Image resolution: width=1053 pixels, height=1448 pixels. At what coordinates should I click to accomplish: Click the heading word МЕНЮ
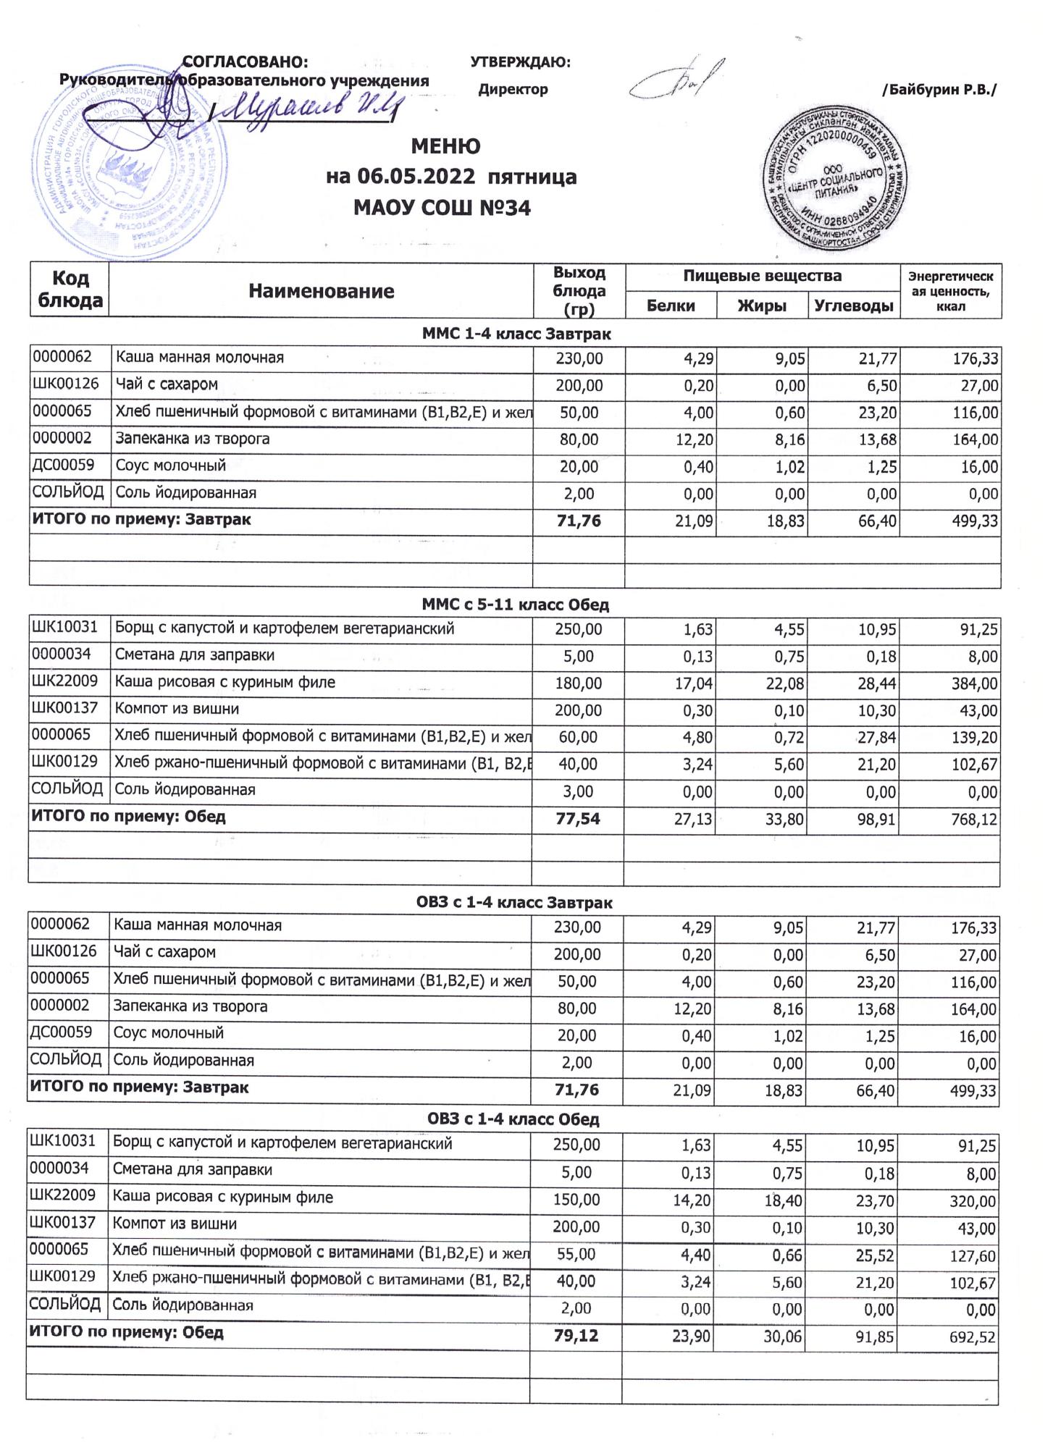tap(445, 147)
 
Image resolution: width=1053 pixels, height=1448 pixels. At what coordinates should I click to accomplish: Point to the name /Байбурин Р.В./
tap(939, 90)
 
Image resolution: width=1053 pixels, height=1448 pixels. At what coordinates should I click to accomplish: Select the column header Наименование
tap(321, 291)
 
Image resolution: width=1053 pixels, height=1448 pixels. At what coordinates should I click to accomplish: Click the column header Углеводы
tap(853, 306)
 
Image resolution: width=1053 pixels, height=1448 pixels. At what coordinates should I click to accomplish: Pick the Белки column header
tap(671, 306)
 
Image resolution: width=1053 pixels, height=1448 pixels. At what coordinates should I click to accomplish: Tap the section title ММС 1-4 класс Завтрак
tap(516, 334)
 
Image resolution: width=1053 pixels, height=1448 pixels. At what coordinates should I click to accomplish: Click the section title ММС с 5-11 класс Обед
tap(515, 605)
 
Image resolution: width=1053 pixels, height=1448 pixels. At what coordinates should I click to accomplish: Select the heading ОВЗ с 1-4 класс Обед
tap(513, 1119)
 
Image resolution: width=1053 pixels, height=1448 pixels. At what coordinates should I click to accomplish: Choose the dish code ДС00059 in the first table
tap(63, 466)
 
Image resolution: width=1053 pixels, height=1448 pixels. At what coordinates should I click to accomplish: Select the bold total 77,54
tap(578, 820)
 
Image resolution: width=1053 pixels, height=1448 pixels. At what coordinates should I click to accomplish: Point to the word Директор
tap(513, 90)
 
